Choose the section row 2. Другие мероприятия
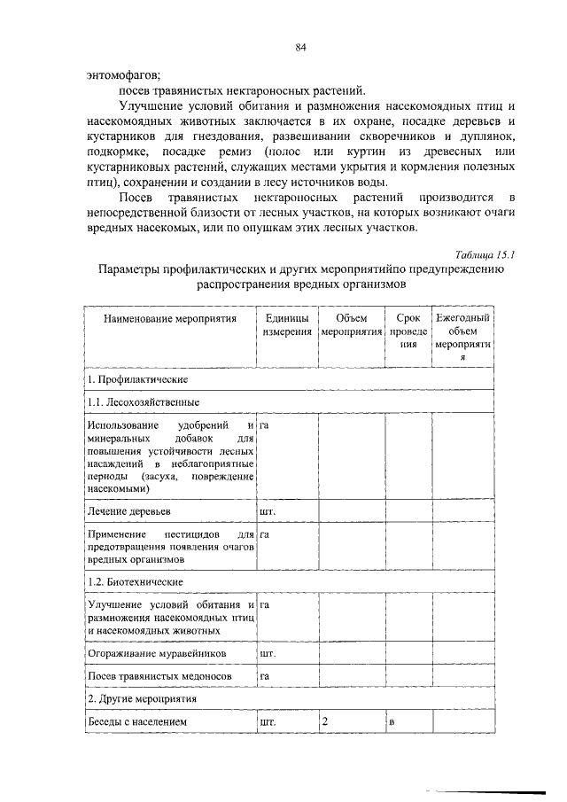point(140,698)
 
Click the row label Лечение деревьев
point(128,511)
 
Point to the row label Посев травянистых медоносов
point(159,676)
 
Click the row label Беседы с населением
point(137,722)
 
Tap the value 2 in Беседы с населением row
point(326,722)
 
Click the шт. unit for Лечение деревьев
point(267,511)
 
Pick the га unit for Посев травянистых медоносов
point(264,676)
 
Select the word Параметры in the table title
point(131,270)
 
